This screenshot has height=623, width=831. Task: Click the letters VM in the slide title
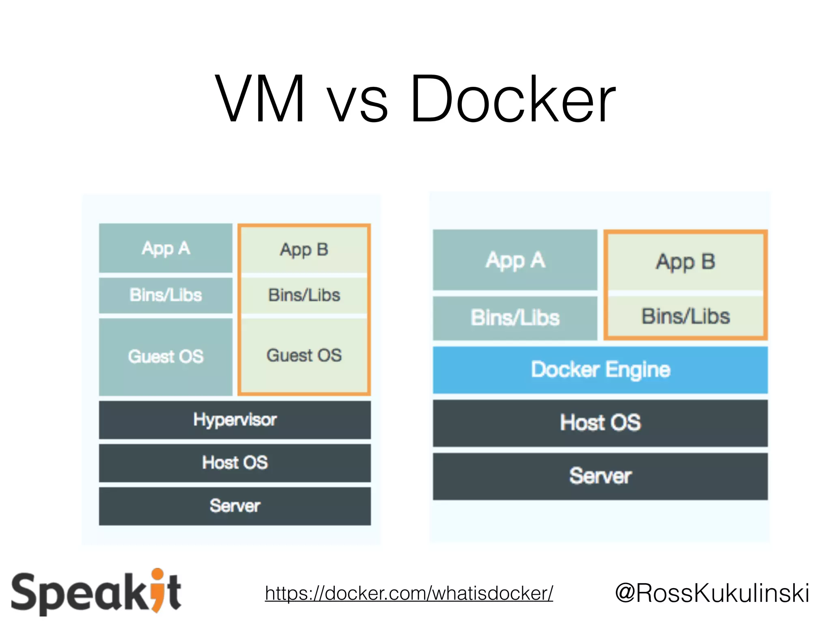coord(260,99)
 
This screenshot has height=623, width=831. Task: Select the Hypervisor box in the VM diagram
coord(235,420)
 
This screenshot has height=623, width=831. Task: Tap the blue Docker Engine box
coord(600,370)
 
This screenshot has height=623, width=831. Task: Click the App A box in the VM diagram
coord(166,248)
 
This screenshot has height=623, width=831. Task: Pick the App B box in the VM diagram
coord(304,249)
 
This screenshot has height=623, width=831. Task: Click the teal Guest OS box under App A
coord(166,357)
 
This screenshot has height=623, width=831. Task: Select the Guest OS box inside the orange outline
coord(304,355)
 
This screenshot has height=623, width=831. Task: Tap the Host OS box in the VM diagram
coord(235,463)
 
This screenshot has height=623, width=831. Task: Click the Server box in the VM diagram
coord(235,506)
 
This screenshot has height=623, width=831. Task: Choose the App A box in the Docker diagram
coord(515,260)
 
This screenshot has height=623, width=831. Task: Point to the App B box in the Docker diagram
coord(685,262)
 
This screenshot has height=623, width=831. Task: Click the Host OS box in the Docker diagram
coord(600,423)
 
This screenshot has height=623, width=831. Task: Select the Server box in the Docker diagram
coord(600,476)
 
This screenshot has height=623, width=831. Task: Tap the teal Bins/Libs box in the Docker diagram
coord(515,318)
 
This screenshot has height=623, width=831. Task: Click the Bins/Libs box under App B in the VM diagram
coord(304,295)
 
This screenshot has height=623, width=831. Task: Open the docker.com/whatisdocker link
coord(409,593)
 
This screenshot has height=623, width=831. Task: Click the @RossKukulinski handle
coord(712,593)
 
